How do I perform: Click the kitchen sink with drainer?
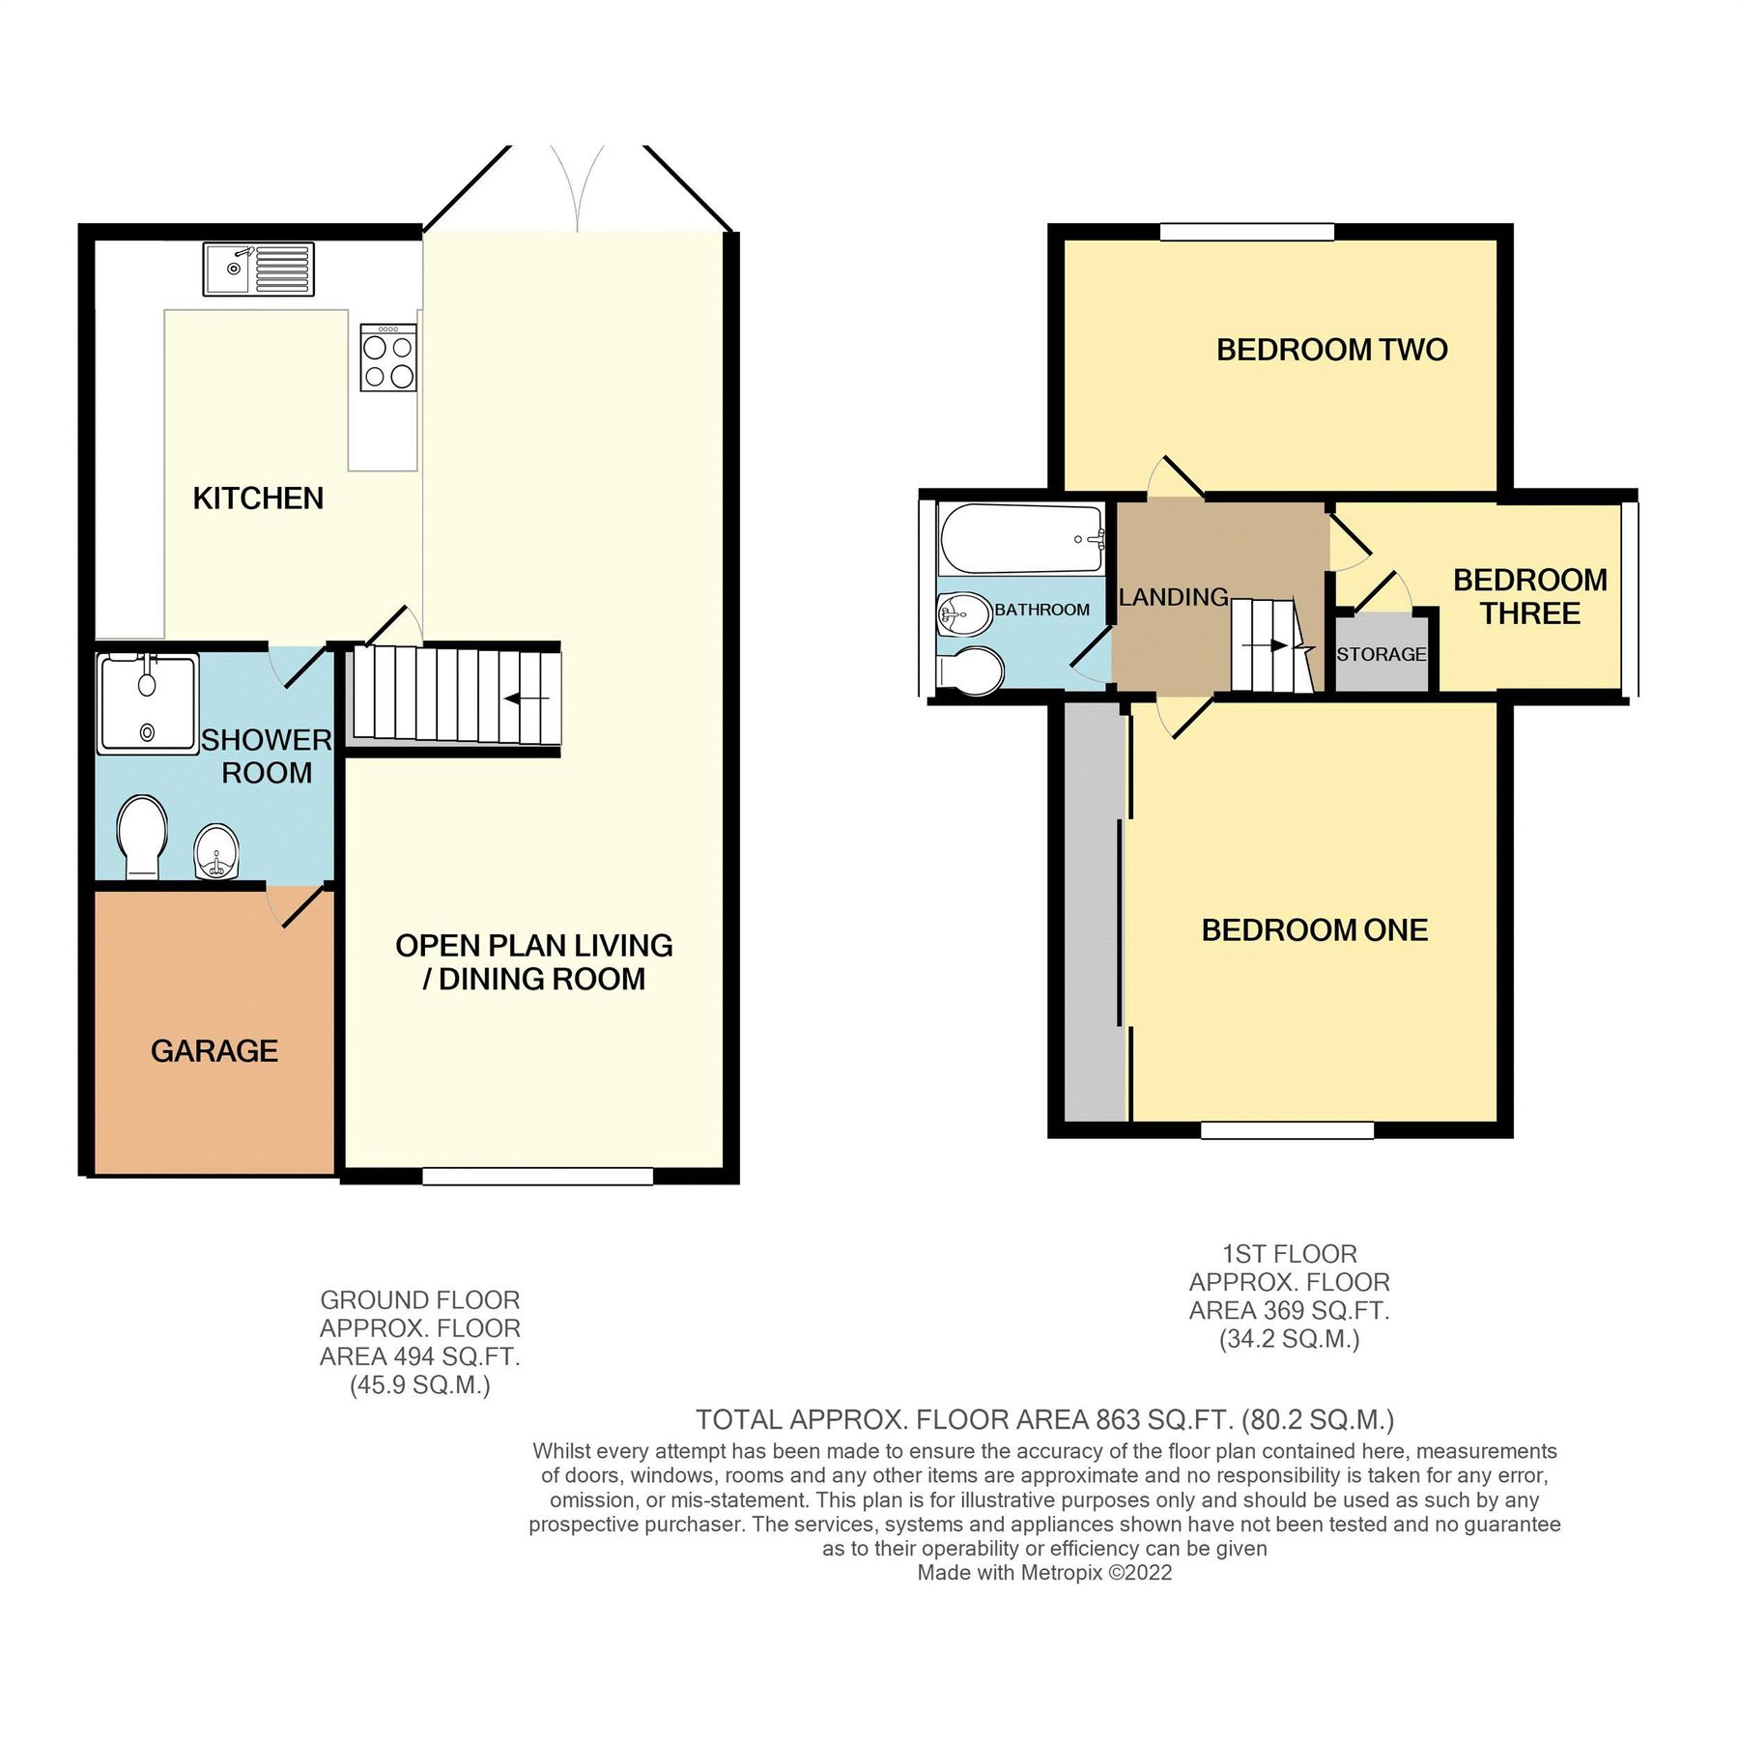[x=258, y=269]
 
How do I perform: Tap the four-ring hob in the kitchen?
[x=388, y=358]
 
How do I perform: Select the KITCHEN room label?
[x=258, y=499]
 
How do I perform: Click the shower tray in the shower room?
[x=148, y=703]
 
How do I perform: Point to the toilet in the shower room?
[x=141, y=837]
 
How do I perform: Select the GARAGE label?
[x=214, y=1051]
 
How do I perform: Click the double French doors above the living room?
[x=577, y=188]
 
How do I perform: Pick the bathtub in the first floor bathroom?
[x=1021, y=539]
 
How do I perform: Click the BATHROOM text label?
[x=1041, y=610]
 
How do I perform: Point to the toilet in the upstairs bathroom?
[x=970, y=670]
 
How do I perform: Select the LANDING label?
[x=1173, y=598]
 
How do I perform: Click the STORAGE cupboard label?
[x=1381, y=655]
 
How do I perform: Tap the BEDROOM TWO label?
[x=1331, y=350]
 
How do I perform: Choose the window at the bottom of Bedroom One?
[x=1287, y=1129]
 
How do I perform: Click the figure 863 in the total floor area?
[x=1118, y=1420]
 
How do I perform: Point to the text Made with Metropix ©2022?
[x=1043, y=1573]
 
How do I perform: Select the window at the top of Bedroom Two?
[x=1246, y=232]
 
